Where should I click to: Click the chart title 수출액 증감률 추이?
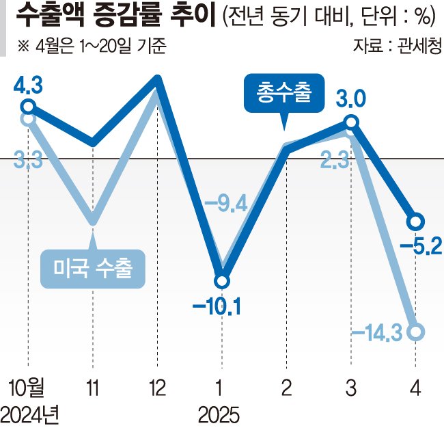tap(113, 16)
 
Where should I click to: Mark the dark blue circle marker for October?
tap(28, 106)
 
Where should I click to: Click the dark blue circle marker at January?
tap(221, 281)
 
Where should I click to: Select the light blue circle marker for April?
tap(416, 332)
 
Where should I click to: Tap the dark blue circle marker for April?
tap(416, 222)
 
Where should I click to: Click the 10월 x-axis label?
tap(27, 388)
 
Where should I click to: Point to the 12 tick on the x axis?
tap(157, 388)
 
